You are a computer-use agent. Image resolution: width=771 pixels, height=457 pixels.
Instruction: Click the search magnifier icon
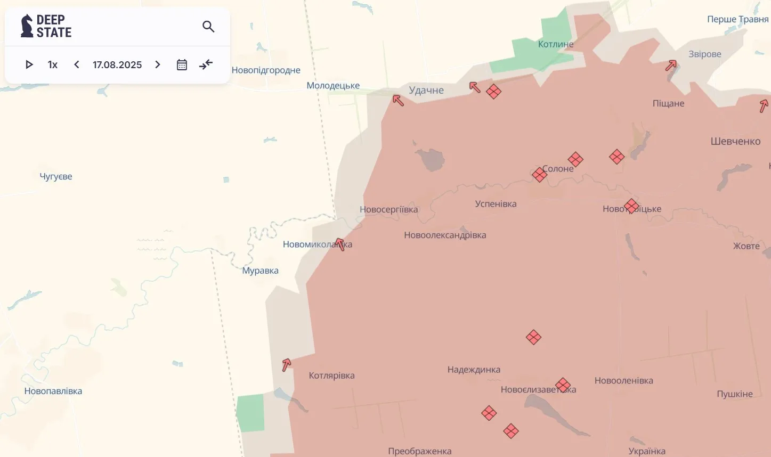tap(208, 27)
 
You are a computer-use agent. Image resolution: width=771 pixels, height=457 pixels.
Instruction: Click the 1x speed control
tap(52, 64)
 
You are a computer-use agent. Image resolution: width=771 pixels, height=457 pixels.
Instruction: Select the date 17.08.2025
tap(117, 64)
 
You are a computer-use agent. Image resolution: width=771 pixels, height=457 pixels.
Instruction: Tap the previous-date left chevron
tap(77, 64)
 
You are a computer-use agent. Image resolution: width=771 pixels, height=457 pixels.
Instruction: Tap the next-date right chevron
tap(158, 64)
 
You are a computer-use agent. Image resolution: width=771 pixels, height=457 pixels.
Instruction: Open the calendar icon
tap(182, 64)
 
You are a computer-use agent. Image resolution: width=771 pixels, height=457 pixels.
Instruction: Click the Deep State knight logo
tap(27, 26)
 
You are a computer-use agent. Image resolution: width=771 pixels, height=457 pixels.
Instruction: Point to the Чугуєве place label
tap(56, 176)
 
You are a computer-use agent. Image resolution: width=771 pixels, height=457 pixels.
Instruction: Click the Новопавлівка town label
tap(53, 391)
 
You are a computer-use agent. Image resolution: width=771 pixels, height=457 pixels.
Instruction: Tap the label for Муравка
tap(260, 271)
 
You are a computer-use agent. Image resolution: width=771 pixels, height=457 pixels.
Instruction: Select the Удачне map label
tap(426, 90)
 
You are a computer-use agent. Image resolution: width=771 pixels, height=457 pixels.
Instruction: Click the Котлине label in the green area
tap(556, 44)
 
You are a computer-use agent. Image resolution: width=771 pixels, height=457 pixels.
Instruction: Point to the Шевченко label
tap(735, 141)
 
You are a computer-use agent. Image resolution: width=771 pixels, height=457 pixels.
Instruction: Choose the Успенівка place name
tap(496, 203)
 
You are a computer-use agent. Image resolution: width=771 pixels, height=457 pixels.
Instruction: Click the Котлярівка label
tap(331, 376)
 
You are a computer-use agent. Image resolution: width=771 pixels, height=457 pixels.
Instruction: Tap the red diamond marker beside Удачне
tap(493, 92)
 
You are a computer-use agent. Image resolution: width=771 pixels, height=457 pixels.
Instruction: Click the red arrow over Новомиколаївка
tap(340, 244)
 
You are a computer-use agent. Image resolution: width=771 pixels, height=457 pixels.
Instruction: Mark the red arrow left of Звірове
tap(671, 66)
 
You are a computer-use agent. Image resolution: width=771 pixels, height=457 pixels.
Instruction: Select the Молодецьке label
tap(333, 85)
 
